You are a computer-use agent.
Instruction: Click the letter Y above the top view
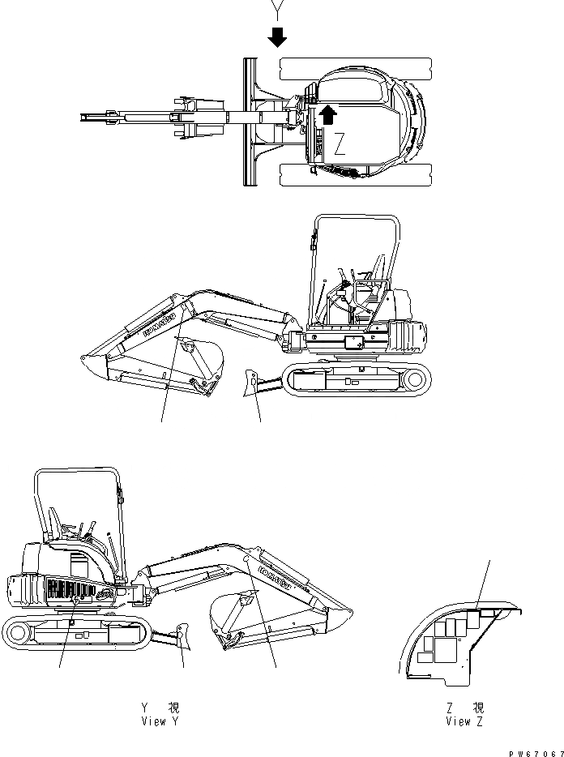tap(279, 11)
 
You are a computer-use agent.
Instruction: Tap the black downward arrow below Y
tap(279, 37)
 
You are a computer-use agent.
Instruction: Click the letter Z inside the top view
tap(340, 146)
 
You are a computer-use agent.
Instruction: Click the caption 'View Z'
tap(465, 721)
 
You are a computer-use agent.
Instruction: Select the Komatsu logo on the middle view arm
tap(160, 325)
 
